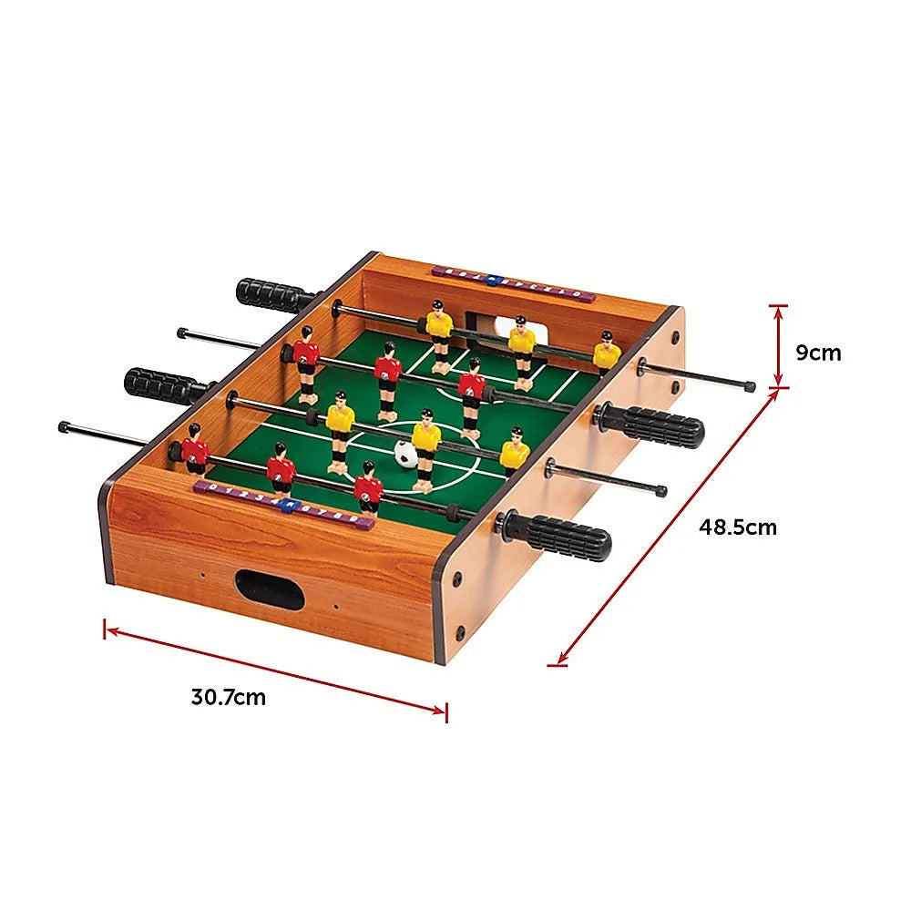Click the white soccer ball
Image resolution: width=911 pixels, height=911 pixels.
(x=404, y=454)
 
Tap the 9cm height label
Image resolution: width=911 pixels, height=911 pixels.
(x=818, y=352)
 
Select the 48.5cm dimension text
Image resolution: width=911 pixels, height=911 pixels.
(x=738, y=526)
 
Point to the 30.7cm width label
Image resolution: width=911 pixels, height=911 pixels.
(x=229, y=697)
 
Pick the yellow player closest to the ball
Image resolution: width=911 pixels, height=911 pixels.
(x=425, y=444)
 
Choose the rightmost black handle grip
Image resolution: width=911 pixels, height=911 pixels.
(x=654, y=427)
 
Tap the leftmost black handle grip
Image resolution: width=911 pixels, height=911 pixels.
(x=165, y=385)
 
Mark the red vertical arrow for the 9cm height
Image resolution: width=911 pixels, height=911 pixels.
(x=778, y=346)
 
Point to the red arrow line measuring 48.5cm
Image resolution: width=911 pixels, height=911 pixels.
(x=668, y=527)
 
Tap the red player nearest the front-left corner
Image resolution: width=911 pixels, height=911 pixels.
(x=194, y=450)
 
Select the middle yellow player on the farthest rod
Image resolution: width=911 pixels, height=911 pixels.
(x=522, y=347)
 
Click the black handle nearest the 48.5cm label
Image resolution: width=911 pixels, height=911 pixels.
(x=558, y=536)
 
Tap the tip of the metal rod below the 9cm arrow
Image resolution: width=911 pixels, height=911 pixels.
(x=750, y=387)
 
